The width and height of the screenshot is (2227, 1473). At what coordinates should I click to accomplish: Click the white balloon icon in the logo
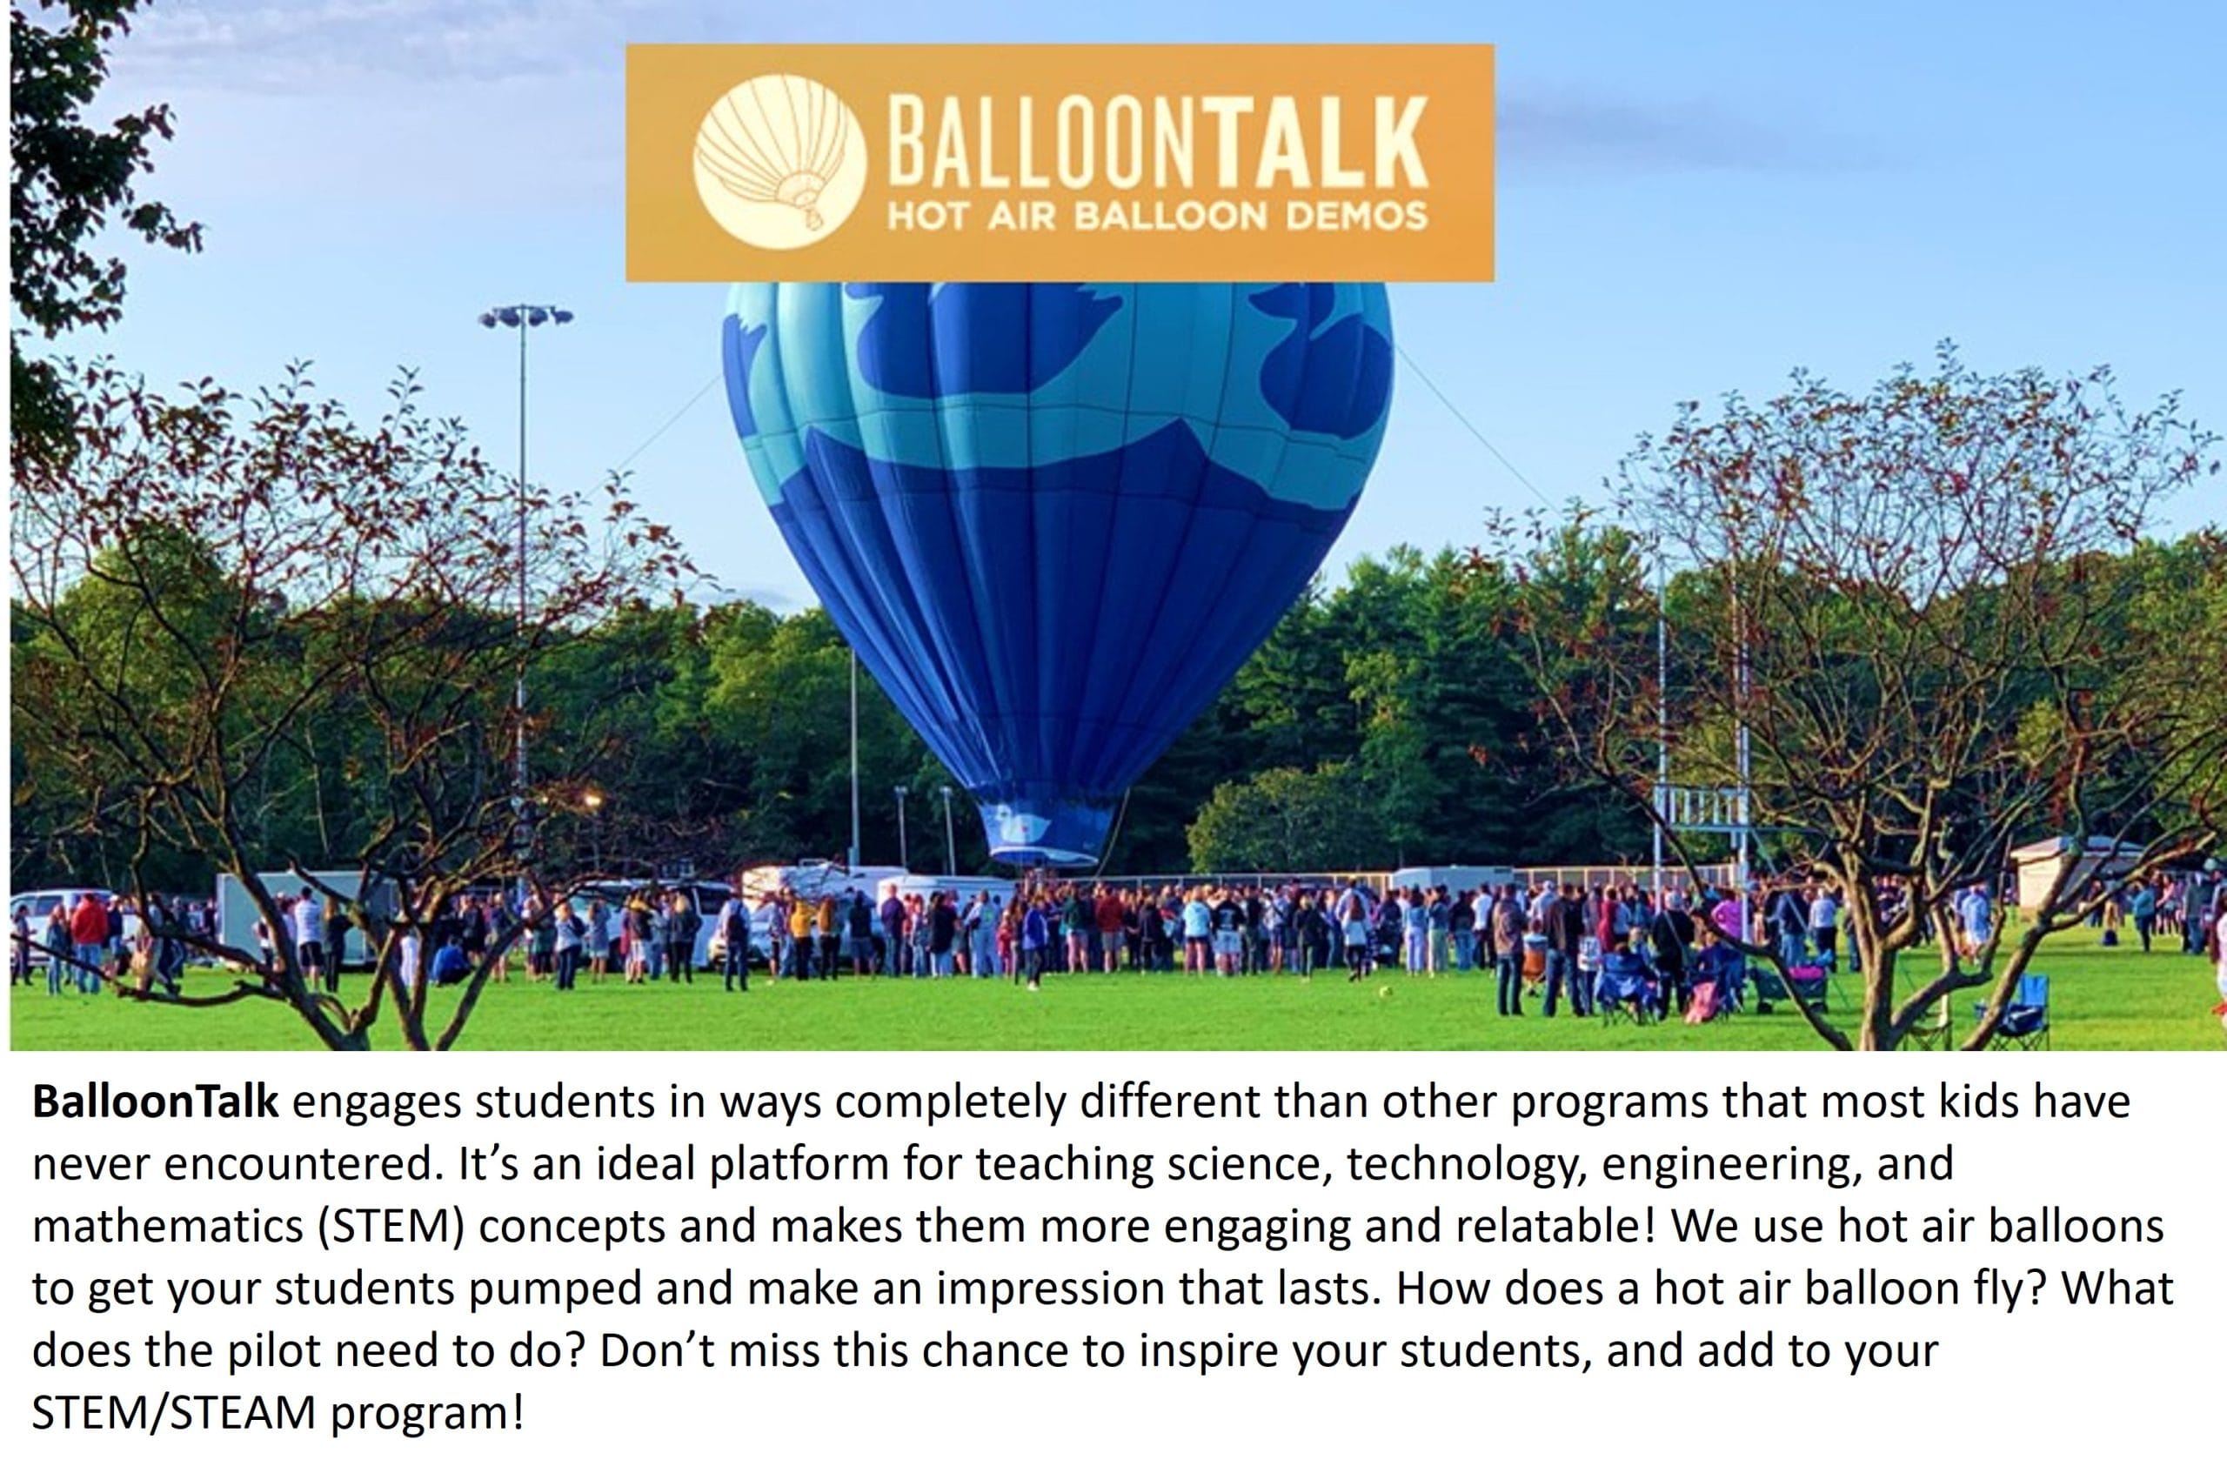pos(779,162)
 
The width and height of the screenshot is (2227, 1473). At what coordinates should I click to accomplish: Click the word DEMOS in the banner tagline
pos(1356,217)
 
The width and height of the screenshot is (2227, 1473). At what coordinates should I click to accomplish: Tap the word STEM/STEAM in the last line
pos(173,1414)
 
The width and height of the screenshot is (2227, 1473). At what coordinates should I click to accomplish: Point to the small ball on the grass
pos(1384,992)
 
